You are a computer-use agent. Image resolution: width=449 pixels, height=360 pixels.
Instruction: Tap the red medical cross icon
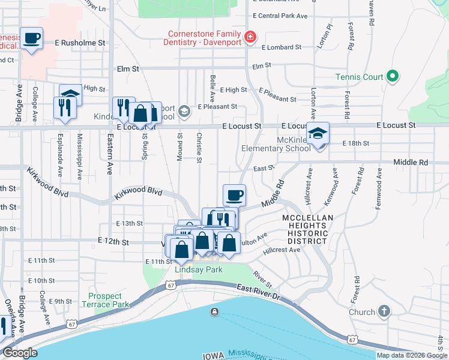250,38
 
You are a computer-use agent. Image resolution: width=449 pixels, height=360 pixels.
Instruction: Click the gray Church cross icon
384,312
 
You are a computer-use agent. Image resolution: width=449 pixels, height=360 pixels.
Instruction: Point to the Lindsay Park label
198,269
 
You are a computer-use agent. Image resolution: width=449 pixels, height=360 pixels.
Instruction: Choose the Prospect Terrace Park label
109,300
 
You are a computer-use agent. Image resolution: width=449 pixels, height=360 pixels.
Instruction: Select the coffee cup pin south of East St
234,195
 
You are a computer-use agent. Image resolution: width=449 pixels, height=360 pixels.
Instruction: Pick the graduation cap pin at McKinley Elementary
318,133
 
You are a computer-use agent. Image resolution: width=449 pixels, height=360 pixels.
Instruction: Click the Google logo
20,353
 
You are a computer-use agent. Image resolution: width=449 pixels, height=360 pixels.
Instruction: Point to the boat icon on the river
214,312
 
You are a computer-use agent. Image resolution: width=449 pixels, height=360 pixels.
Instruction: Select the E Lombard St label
278,47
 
